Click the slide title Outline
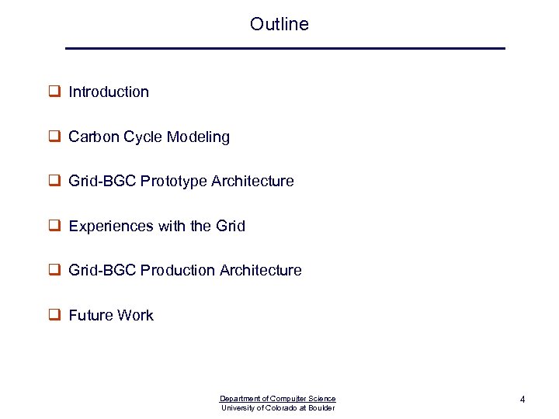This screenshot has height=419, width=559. [x=279, y=24]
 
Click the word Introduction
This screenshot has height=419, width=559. [x=109, y=92]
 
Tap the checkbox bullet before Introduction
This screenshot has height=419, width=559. [x=55, y=92]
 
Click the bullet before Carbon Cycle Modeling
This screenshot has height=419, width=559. [x=55, y=137]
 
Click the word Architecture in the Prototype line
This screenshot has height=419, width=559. [x=255, y=181]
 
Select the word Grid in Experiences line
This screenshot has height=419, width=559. [x=231, y=226]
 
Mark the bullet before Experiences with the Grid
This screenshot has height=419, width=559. [x=55, y=226]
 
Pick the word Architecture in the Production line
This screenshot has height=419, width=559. [x=261, y=270]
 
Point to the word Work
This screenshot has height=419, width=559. [x=135, y=315]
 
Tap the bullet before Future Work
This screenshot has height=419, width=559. [x=55, y=315]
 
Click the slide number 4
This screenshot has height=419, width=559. [x=523, y=400]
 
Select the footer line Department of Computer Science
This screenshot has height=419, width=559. [x=278, y=399]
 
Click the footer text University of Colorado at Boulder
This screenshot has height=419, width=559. [x=278, y=408]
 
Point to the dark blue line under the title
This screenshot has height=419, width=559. [x=285, y=49]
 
